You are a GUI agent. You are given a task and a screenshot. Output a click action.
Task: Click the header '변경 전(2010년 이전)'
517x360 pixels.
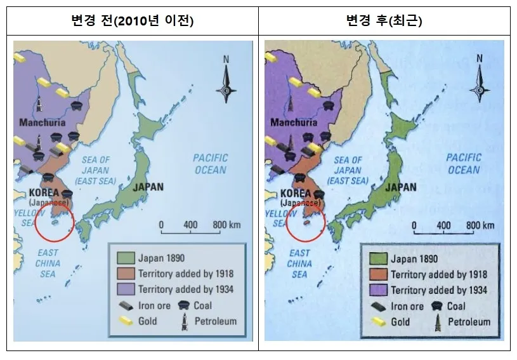click(x=132, y=21)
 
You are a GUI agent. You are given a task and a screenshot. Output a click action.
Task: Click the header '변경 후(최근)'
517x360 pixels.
click(x=384, y=21)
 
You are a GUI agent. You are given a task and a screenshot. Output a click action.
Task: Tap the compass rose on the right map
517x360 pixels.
click(x=480, y=81)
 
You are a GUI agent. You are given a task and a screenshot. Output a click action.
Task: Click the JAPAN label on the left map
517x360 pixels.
click(x=148, y=187)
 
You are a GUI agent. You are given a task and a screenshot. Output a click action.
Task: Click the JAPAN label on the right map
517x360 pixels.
click(x=401, y=187)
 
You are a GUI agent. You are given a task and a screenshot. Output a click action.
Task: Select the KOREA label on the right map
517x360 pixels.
click(x=296, y=193)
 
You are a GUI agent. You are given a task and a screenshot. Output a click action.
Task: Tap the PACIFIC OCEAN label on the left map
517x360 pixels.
click(x=210, y=164)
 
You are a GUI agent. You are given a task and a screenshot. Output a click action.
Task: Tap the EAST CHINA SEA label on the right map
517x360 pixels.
click(x=299, y=263)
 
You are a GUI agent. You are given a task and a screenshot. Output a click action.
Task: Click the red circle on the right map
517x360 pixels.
click(x=306, y=223)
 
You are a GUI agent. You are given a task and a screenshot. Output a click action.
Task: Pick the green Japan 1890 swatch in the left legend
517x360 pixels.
click(x=125, y=258)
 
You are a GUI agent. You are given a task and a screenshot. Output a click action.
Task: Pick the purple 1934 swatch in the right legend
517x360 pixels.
click(x=378, y=290)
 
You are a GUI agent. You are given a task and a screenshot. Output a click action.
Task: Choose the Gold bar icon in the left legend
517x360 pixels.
click(x=126, y=321)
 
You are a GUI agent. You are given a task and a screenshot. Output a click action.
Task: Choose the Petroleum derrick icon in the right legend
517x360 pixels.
click(x=437, y=321)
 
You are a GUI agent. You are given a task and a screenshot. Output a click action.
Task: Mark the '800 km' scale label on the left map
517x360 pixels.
click(x=226, y=225)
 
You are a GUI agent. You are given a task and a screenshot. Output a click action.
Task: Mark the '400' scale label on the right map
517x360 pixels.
click(x=444, y=225)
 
